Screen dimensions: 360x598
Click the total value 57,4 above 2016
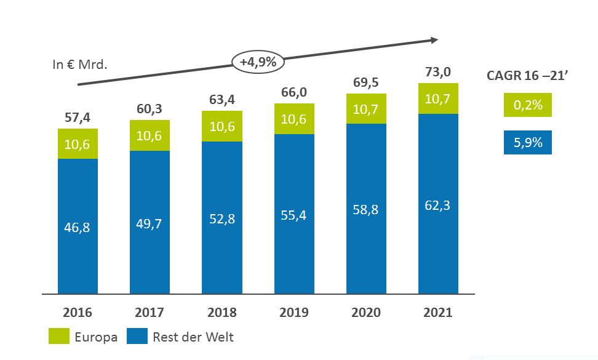(x=78, y=117)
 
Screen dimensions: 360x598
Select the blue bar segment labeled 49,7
(x=149, y=223)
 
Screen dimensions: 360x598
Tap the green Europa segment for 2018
(x=222, y=126)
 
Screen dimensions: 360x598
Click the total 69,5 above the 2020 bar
(x=366, y=82)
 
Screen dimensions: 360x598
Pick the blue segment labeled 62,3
(x=438, y=205)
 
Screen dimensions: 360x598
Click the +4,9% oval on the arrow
(x=257, y=62)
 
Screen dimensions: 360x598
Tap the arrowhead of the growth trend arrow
(x=434, y=40)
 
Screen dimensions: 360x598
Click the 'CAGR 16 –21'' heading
(x=527, y=76)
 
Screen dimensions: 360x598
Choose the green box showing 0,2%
(x=527, y=105)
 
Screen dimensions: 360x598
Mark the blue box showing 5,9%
(x=527, y=142)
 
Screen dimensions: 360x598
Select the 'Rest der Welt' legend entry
(x=181, y=337)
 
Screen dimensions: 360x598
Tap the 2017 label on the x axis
(x=149, y=313)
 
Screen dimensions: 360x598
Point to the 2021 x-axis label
(x=438, y=313)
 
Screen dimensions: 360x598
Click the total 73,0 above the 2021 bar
(x=438, y=72)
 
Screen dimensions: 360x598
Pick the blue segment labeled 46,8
(x=78, y=227)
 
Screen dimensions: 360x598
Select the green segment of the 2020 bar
(x=366, y=109)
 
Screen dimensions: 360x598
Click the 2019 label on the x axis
(x=294, y=313)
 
